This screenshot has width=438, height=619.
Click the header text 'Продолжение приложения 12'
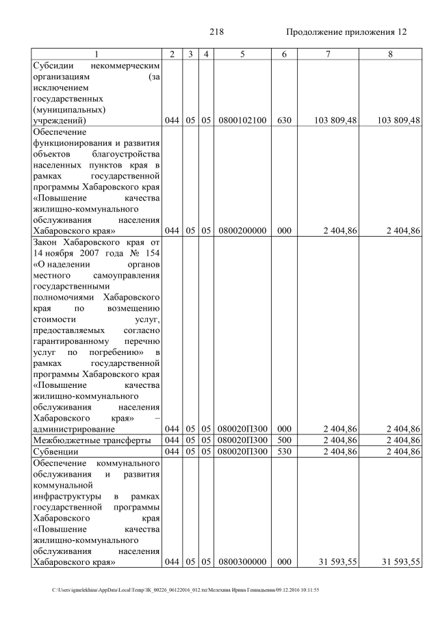346,31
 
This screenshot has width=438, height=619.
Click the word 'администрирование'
73,429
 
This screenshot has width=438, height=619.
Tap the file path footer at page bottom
185,590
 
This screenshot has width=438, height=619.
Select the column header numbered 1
96,54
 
